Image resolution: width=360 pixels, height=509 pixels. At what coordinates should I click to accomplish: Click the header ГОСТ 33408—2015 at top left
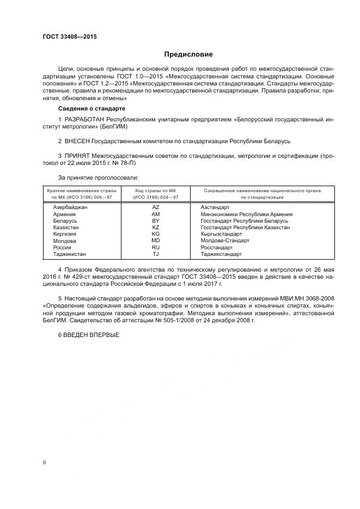pyautogui.click(x=69, y=38)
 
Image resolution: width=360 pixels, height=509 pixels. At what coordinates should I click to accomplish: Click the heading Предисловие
pyautogui.click(x=188, y=54)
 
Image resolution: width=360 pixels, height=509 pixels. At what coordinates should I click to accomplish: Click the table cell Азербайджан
pyautogui.click(x=70, y=207)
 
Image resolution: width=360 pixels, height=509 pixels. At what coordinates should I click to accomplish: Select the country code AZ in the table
pyautogui.click(x=155, y=207)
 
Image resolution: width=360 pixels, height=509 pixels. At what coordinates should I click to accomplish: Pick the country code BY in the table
pyautogui.click(x=155, y=220)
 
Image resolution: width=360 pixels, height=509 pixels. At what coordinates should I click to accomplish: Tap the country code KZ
pyautogui.click(x=155, y=227)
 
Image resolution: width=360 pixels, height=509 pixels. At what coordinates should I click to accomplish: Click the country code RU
pyautogui.click(x=155, y=247)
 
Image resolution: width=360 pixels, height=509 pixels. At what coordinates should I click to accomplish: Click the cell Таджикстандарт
pyautogui.click(x=221, y=254)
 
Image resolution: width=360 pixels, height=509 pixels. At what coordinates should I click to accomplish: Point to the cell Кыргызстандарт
pyautogui.click(x=221, y=234)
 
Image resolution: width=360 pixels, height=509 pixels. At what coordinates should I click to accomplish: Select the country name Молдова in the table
pyautogui.click(x=64, y=241)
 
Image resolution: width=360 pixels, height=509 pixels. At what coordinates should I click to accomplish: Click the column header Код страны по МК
pyautogui.click(x=156, y=191)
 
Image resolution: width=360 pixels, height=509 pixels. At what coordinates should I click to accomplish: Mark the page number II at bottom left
pyautogui.click(x=44, y=463)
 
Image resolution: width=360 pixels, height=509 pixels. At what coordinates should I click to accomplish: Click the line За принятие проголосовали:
pyautogui.click(x=98, y=177)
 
